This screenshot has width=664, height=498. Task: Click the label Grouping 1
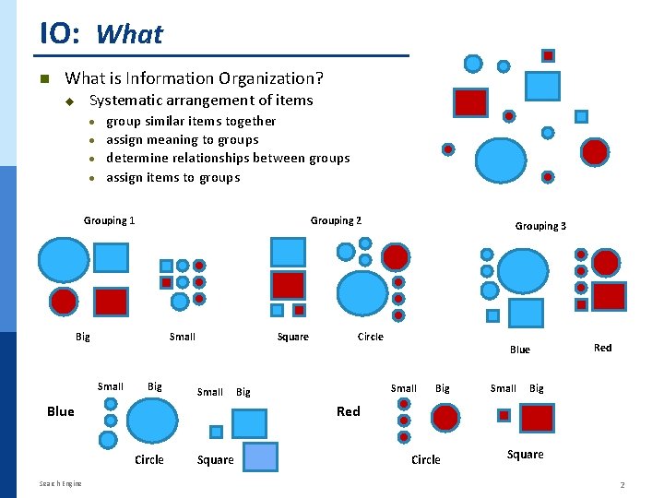109,220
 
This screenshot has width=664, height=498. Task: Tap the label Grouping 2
336,220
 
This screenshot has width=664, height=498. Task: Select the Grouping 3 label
540,226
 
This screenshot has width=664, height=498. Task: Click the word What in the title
129,35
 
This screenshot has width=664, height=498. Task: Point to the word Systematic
125,101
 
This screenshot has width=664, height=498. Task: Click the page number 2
622,485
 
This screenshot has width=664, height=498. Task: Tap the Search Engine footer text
60,483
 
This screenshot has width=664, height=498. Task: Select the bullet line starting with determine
228,159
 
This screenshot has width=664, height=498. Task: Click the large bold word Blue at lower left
60,411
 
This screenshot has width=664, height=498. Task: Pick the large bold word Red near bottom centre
349,411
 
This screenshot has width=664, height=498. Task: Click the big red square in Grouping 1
112,301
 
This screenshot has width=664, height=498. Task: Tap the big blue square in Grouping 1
112,257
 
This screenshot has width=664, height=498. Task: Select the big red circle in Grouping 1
64,301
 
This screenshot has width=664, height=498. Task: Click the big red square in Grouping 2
288,285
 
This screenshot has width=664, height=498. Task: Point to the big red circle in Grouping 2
396,255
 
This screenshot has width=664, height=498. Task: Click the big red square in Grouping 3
609,296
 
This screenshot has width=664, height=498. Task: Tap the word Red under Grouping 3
602,348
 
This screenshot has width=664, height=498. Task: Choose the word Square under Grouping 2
293,337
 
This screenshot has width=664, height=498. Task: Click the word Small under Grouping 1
183,337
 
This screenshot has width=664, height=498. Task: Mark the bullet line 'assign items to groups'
172,178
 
